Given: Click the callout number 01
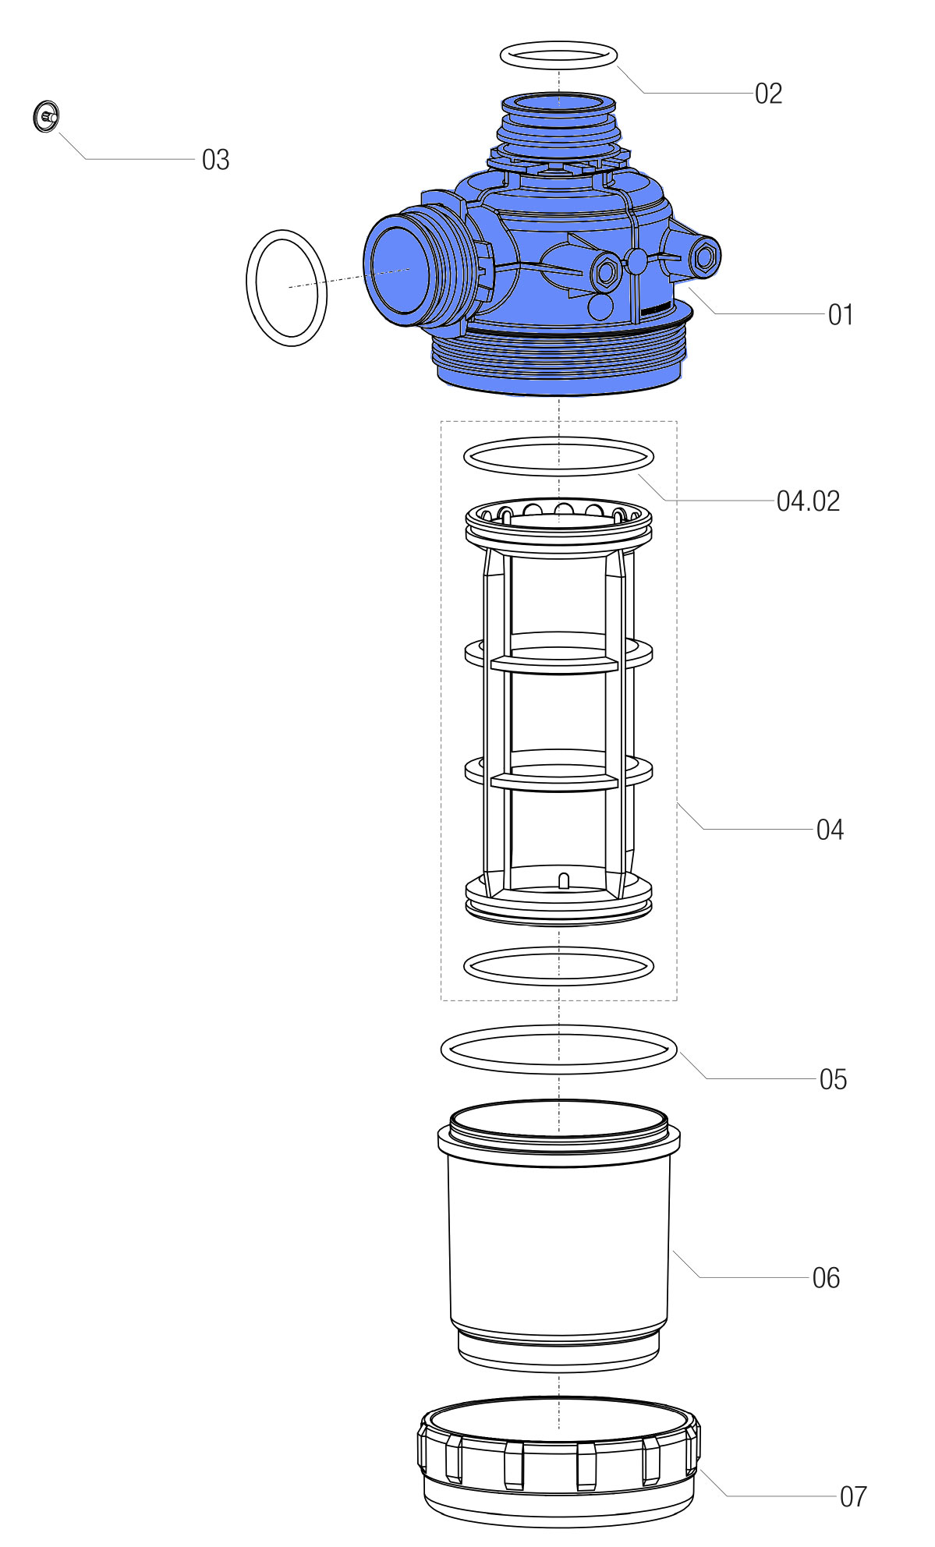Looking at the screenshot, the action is tap(841, 315).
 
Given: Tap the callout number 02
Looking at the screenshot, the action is tap(768, 94).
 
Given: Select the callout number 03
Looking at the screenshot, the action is tap(215, 160).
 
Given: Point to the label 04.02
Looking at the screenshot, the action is tap(808, 501).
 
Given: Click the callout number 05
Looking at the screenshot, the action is tap(833, 1080).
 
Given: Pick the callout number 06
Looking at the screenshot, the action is tap(826, 1278).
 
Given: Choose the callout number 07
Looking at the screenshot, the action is tap(853, 1496).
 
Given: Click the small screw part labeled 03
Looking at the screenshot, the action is tap(47, 117).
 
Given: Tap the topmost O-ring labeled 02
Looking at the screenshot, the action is tap(558, 55).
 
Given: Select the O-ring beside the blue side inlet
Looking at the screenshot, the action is tap(286, 288).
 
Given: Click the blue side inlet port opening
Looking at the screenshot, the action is tap(400, 269).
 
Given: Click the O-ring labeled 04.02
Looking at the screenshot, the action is tap(558, 456).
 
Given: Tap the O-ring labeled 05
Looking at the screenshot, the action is tap(558, 1050).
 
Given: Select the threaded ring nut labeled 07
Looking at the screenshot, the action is tap(558, 1461).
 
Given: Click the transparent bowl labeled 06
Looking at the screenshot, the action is tap(558, 1234).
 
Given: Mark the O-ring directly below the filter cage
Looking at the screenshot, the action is tap(558, 965).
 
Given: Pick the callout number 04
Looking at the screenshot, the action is tap(830, 830).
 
